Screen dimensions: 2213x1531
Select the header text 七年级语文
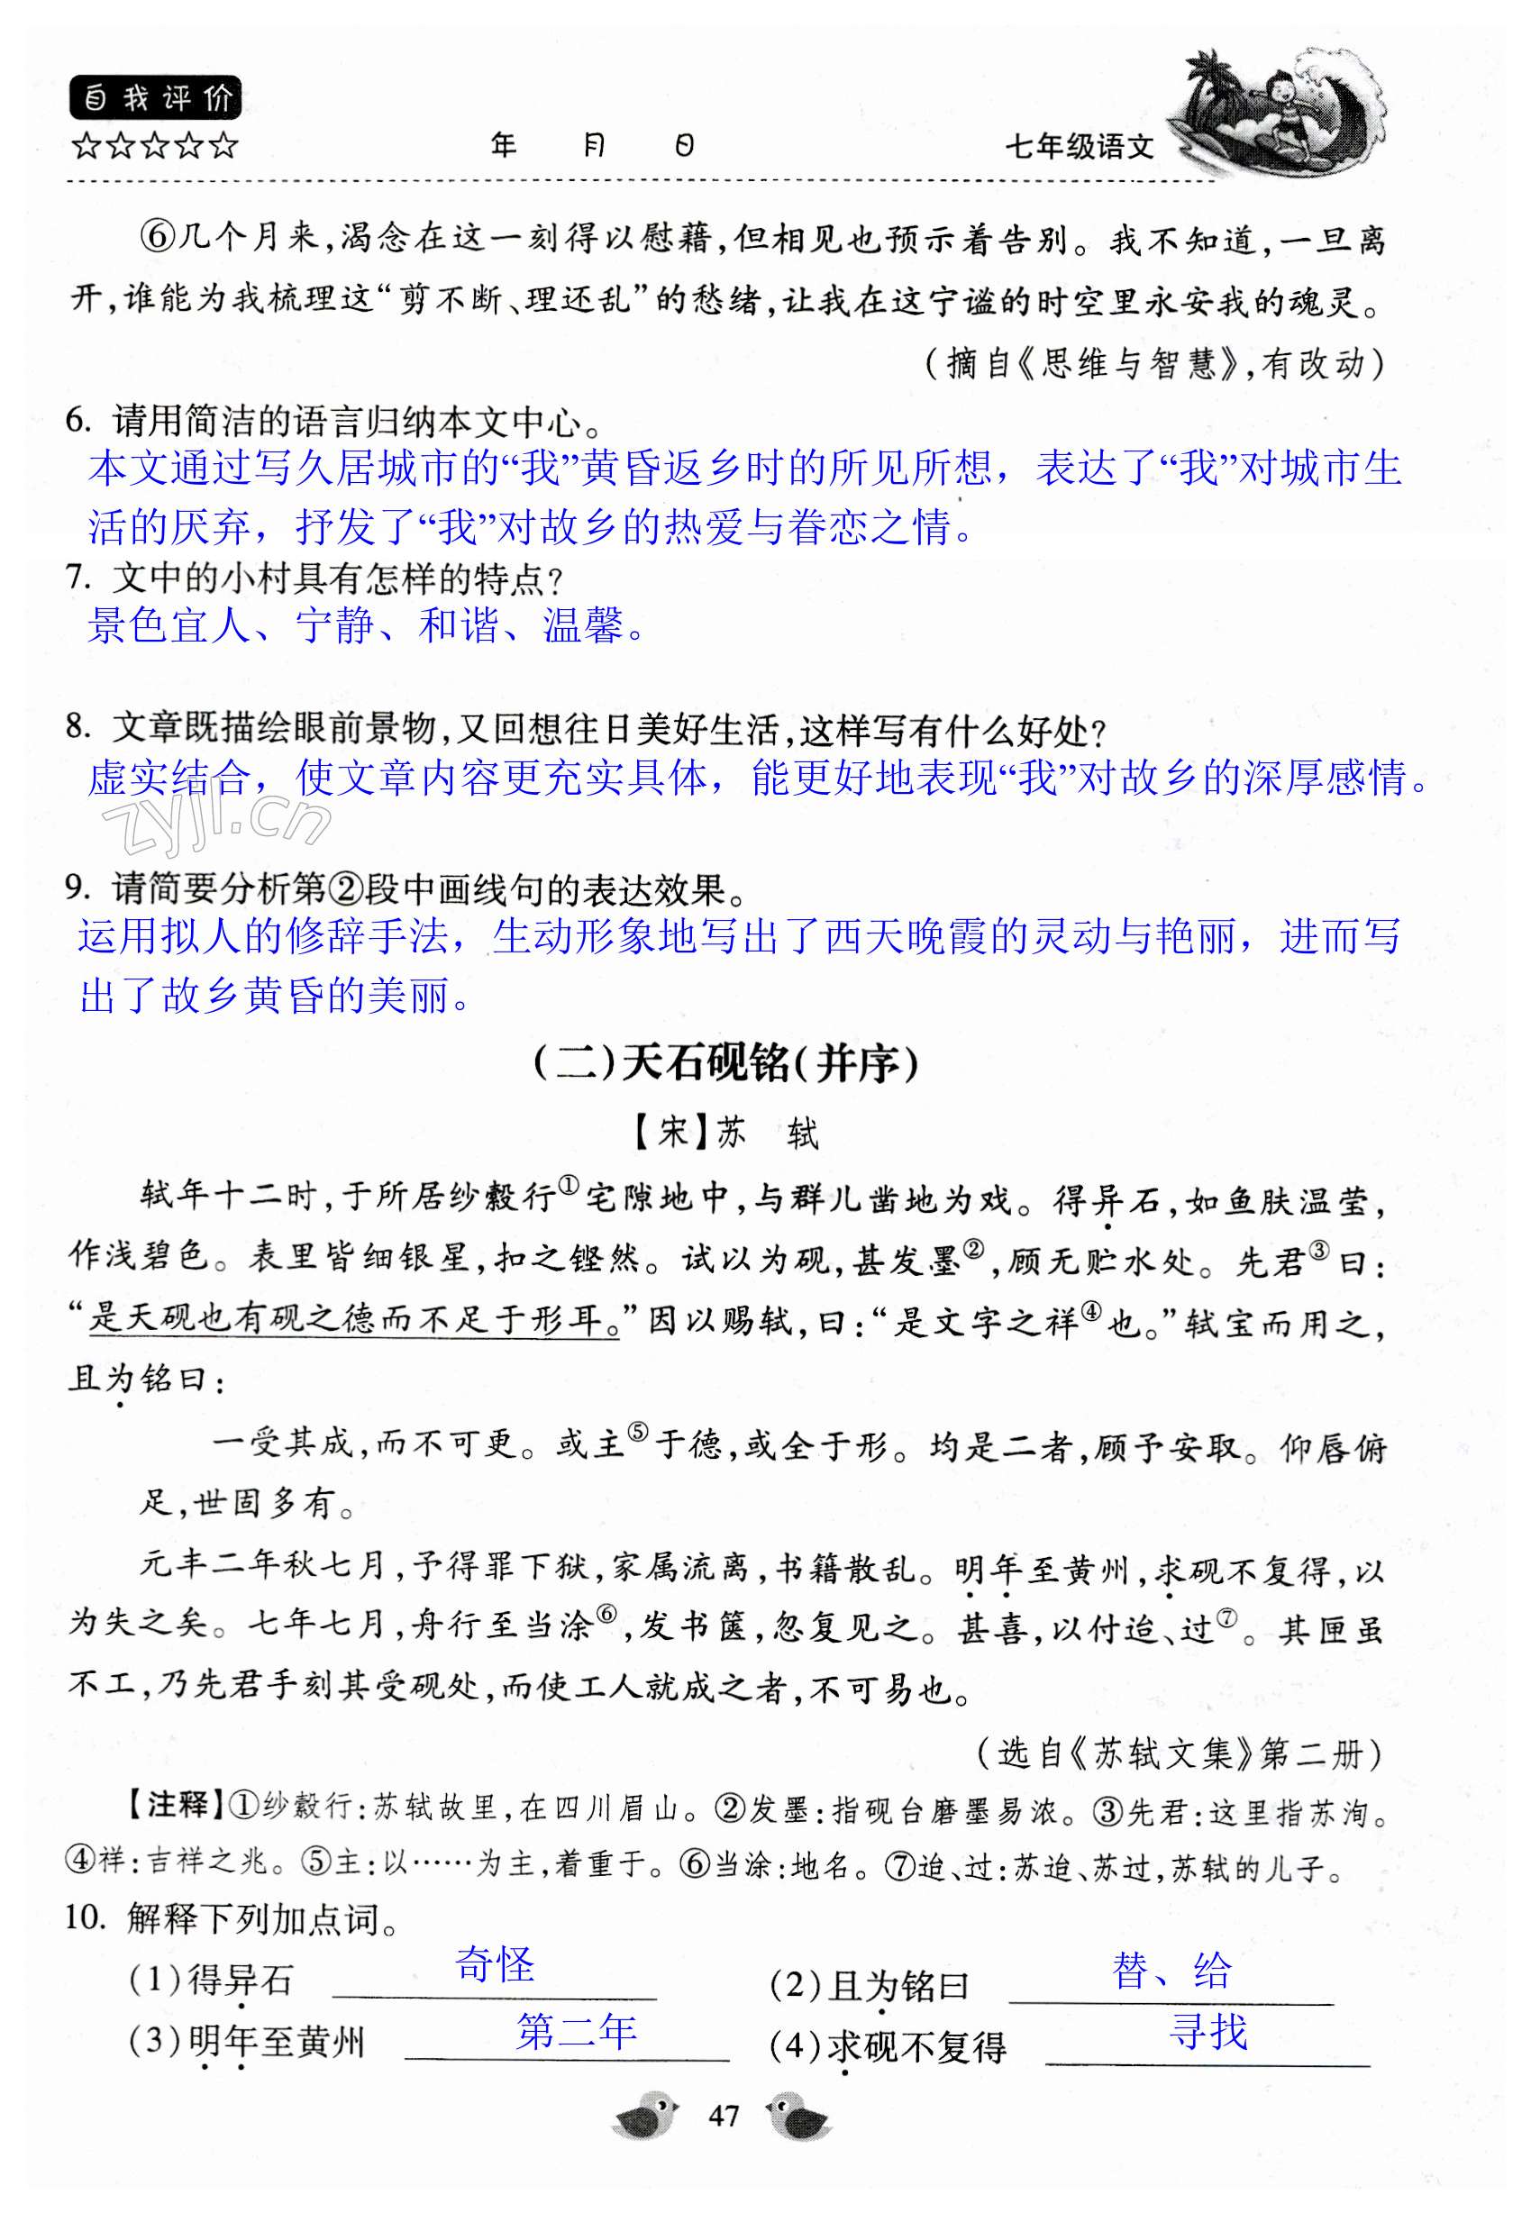coord(1080,147)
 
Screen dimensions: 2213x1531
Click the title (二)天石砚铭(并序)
coord(726,1063)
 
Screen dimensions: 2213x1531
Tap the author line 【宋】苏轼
coord(726,1133)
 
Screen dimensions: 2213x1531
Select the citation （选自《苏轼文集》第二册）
coord(1179,1753)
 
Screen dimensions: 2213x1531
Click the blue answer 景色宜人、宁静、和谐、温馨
coord(366,626)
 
